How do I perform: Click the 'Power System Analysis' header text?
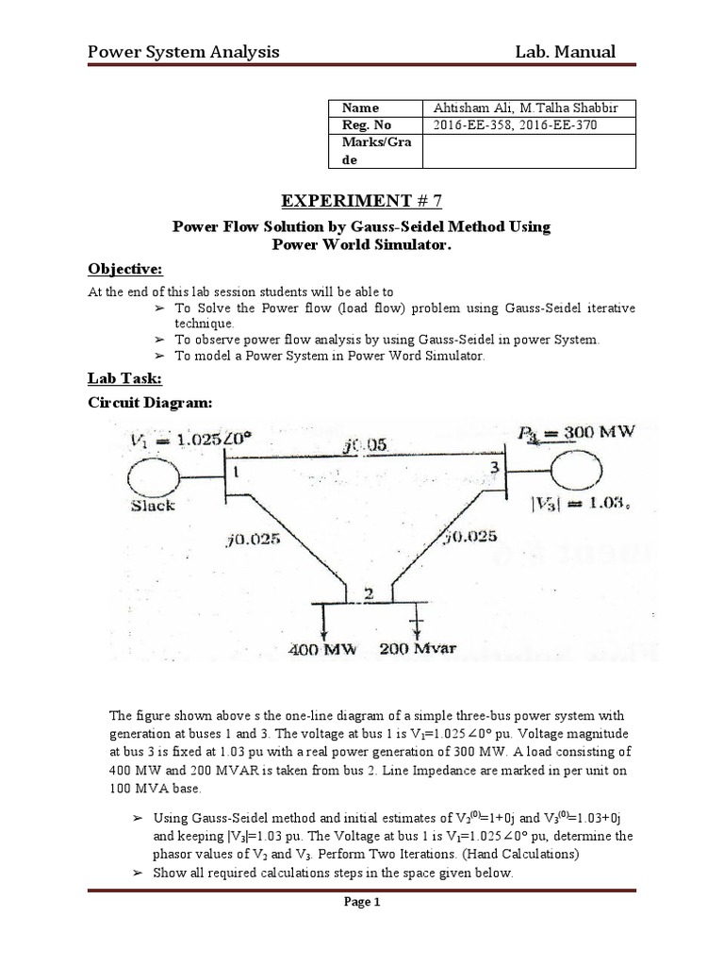[x=183, y=51]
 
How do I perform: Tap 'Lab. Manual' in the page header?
[x=566, y=51]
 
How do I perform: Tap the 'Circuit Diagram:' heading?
[x=151, y=403]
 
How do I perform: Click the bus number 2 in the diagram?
[x=370, y=594]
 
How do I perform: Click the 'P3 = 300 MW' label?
[x=577, y=434]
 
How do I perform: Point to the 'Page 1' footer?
[x=362, y=903]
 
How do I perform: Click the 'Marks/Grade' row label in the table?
[x=362, y=151]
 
